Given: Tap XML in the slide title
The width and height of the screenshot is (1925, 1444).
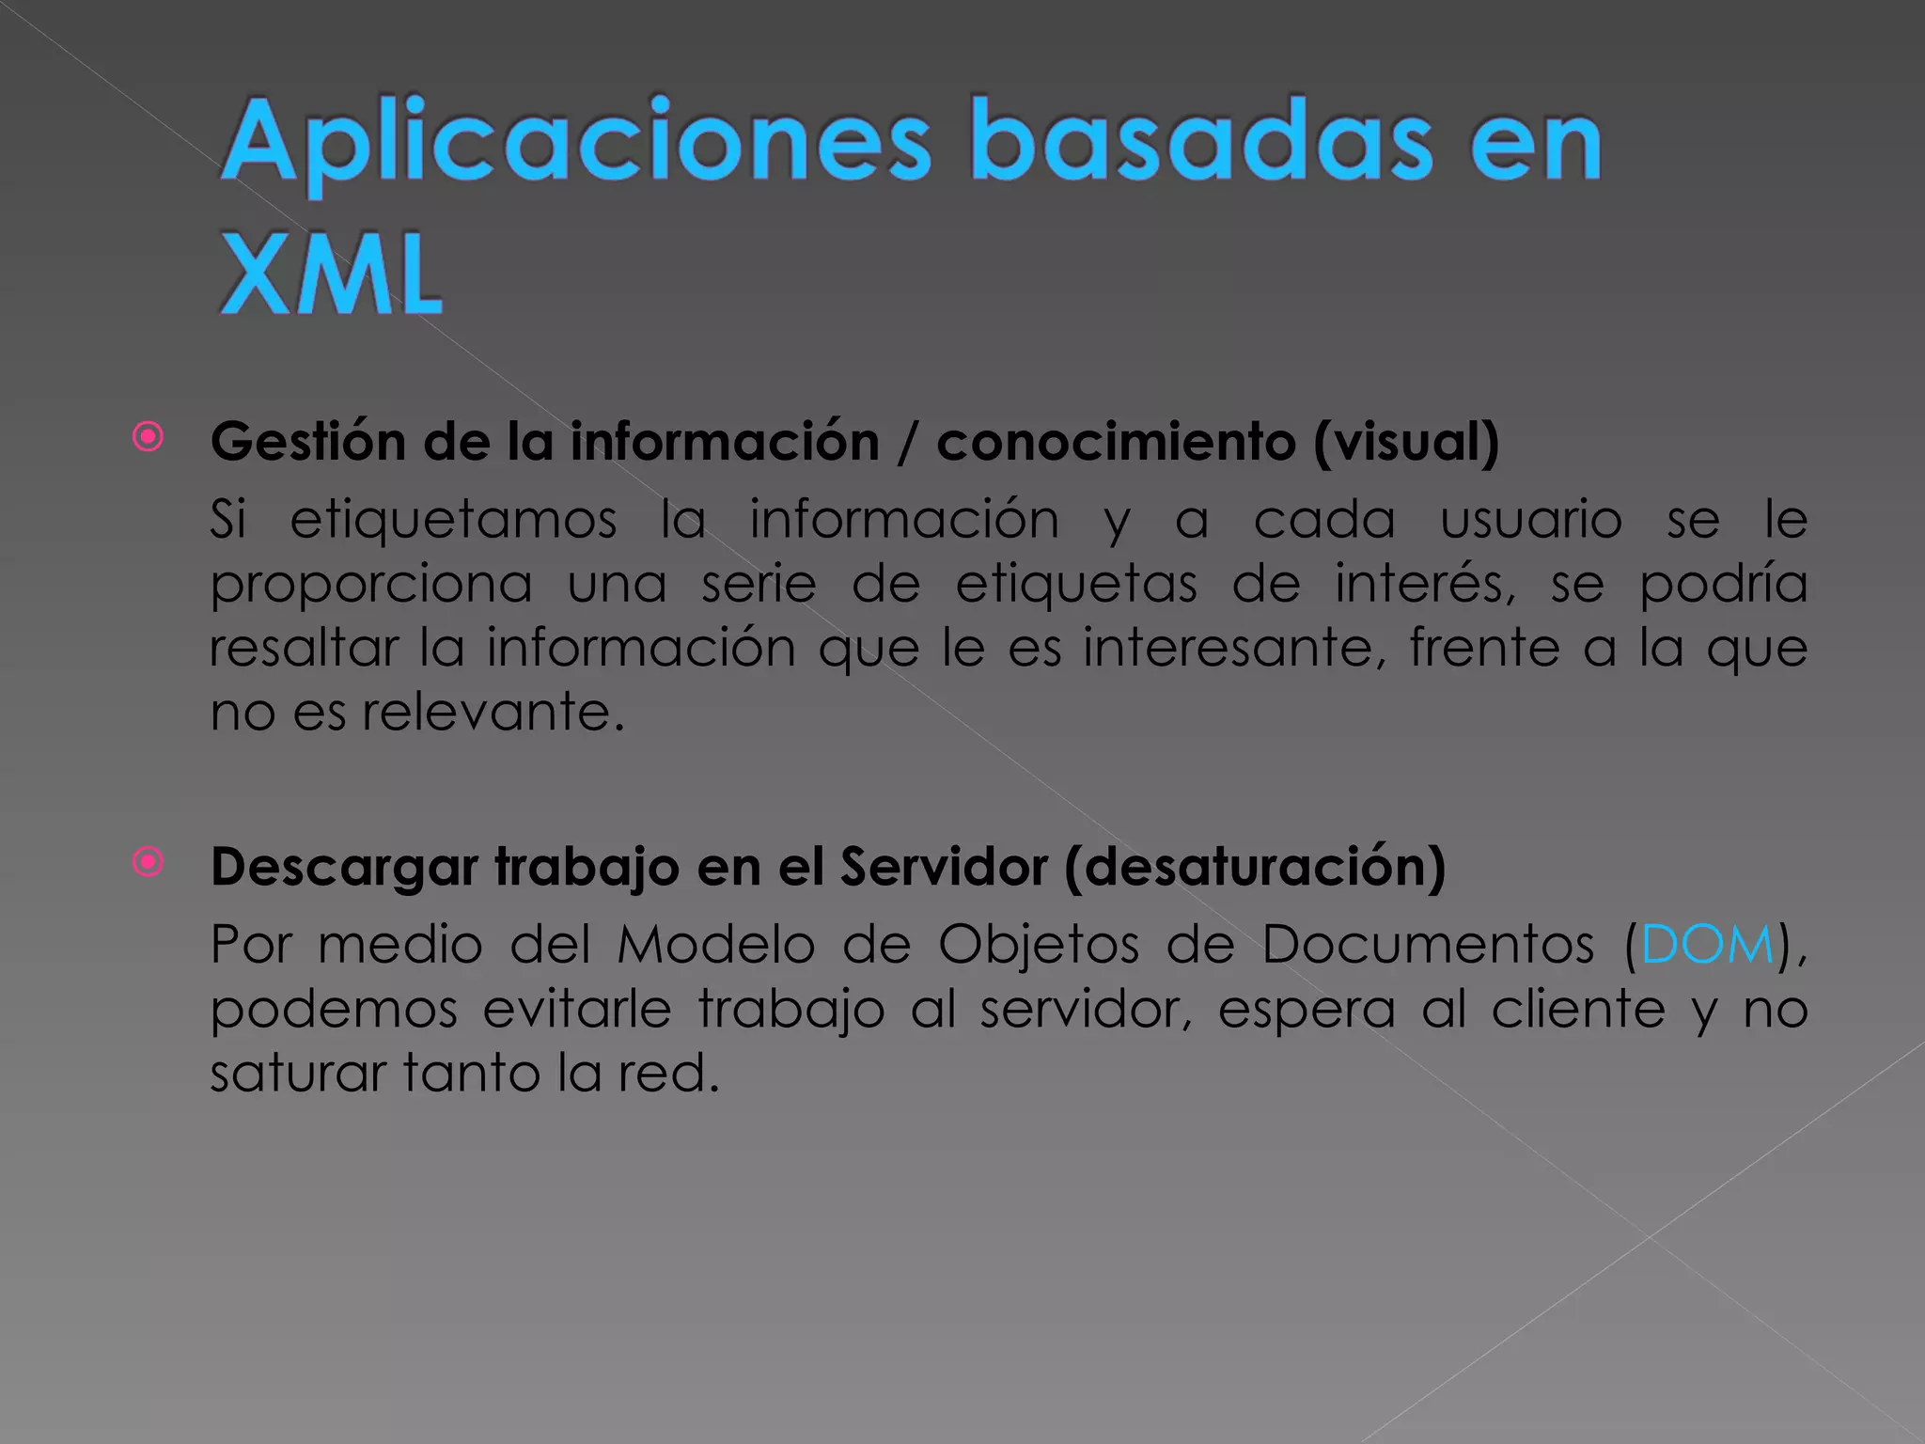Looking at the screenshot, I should click(331, 275).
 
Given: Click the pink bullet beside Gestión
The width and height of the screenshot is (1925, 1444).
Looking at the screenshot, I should click(149, 437).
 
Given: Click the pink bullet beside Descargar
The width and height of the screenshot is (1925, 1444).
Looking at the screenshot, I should click(149, 861).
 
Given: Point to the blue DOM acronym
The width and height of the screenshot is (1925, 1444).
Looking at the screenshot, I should click(1707, 945).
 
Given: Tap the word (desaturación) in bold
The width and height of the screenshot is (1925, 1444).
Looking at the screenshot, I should click(1255, 867).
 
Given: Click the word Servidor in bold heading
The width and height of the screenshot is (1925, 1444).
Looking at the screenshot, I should click(943, 867).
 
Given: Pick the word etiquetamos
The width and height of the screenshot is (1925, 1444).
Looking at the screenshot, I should click(453, 520).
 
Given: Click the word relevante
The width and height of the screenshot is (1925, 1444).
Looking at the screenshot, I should click(493, 712).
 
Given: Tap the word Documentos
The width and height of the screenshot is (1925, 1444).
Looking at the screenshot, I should click(1427, 945).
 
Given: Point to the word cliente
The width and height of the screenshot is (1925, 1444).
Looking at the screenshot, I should click(1578, 1010).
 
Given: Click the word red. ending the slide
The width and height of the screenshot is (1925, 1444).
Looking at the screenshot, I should click(668, 1074).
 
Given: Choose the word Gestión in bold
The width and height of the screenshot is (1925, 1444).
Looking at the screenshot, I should click(307, 442).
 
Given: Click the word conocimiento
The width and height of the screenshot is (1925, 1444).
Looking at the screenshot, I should click(1116, 442).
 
